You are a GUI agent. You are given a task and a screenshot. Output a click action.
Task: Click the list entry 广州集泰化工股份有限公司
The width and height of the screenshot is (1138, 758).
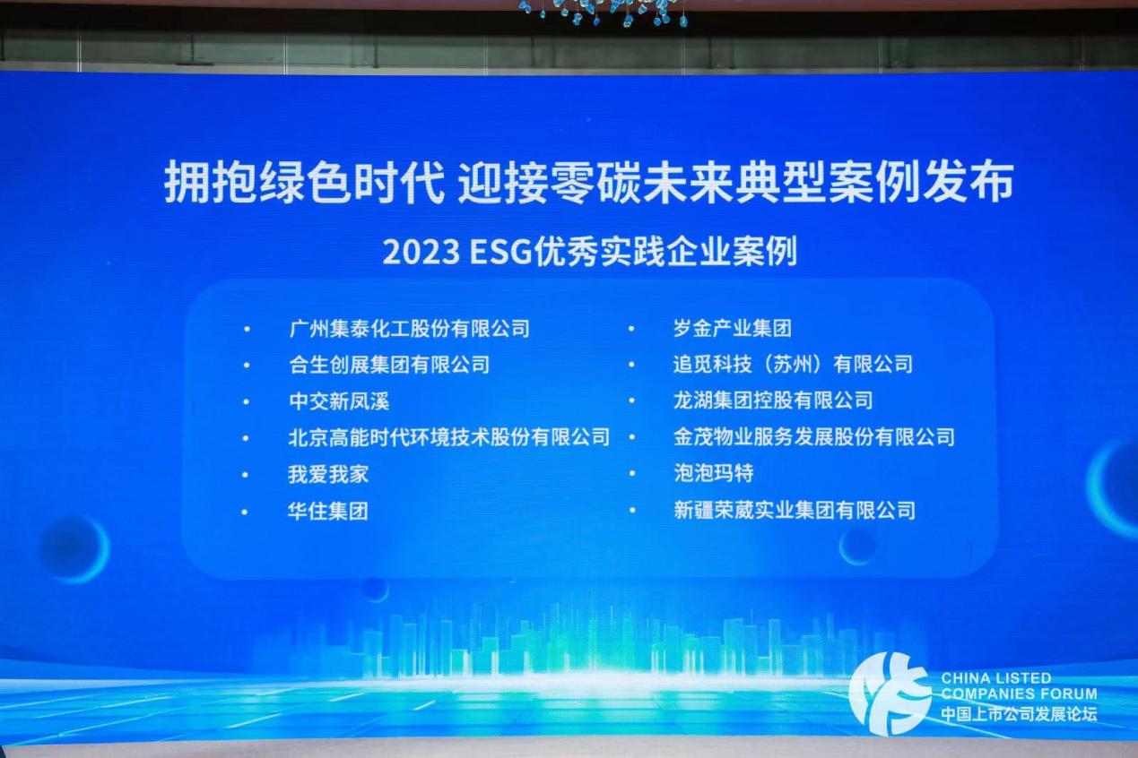point(410,329)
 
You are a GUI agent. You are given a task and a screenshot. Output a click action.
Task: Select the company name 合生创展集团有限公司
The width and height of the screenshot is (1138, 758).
point(389,365)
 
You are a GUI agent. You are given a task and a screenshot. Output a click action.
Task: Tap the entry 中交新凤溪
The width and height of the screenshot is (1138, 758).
point(339,401)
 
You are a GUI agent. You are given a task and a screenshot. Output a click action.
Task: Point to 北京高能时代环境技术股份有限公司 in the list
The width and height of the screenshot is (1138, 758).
point(449,437)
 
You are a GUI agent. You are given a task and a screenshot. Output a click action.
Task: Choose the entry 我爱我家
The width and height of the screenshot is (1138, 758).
point(328,474)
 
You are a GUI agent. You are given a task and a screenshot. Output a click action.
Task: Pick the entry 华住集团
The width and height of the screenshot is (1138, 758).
point(328,511)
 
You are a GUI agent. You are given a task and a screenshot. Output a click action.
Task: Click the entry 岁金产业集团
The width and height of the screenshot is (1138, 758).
point(733,329)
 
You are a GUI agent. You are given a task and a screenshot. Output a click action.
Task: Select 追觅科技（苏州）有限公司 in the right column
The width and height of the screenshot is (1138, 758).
point(793,364)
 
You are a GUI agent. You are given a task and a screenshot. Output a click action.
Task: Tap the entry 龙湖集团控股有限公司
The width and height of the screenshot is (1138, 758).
point(773,401)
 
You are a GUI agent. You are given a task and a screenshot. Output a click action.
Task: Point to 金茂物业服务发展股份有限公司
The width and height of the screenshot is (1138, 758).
point(814,437)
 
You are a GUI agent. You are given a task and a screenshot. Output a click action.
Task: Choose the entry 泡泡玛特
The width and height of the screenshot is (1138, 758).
point(713,473)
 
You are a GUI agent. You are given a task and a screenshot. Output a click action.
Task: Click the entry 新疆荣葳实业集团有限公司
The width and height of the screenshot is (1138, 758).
point(794,510)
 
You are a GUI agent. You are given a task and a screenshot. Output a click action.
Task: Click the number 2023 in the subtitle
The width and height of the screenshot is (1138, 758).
point(421,253)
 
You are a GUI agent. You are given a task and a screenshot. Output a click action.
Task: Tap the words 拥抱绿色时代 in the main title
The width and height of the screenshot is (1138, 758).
point(304,182)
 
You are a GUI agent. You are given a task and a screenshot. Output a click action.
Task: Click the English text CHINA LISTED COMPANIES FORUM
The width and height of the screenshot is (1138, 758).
point(1019,686)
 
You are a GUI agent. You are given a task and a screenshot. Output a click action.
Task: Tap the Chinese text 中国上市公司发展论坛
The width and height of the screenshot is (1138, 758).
point(1019,714)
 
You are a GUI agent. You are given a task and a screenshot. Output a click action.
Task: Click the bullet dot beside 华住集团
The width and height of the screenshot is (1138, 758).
point(245,512)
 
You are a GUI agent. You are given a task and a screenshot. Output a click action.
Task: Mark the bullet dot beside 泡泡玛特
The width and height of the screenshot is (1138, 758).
point(632,474)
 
